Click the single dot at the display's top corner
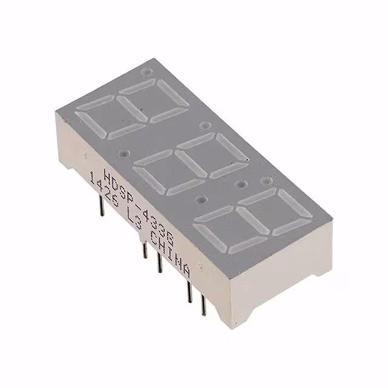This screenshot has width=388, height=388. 145,72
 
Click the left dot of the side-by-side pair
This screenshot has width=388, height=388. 242,183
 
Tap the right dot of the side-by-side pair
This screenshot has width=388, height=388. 265,181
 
